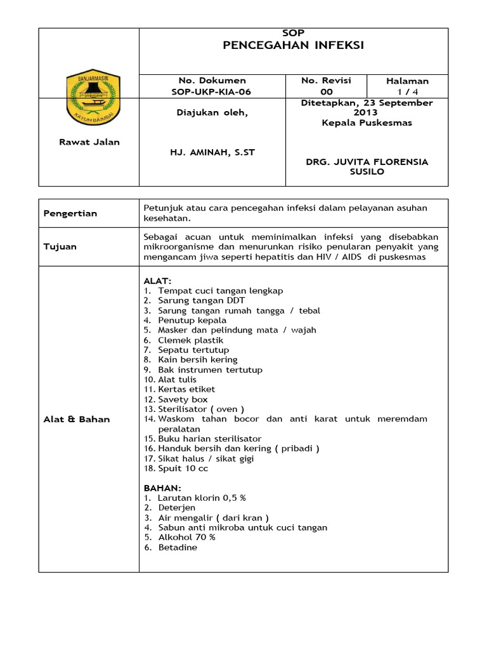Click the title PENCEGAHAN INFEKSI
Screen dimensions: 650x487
[294, 45]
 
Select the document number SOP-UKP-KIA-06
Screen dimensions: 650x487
[212, 92]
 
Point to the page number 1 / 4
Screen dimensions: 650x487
[407, 92]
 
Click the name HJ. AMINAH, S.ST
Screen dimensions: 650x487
[212, 153]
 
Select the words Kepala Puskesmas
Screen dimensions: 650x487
[367, 123]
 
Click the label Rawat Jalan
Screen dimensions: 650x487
[89, 142]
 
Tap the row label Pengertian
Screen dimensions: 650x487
[70, 213]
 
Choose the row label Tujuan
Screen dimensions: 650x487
[60, 246]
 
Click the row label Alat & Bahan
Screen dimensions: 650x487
[77, 420]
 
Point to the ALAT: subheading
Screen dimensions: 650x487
[157, 281]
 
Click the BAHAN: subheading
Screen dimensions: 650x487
[162, 488]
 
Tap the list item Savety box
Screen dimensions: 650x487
[183, 399]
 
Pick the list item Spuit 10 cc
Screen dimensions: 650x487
[183, 468]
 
